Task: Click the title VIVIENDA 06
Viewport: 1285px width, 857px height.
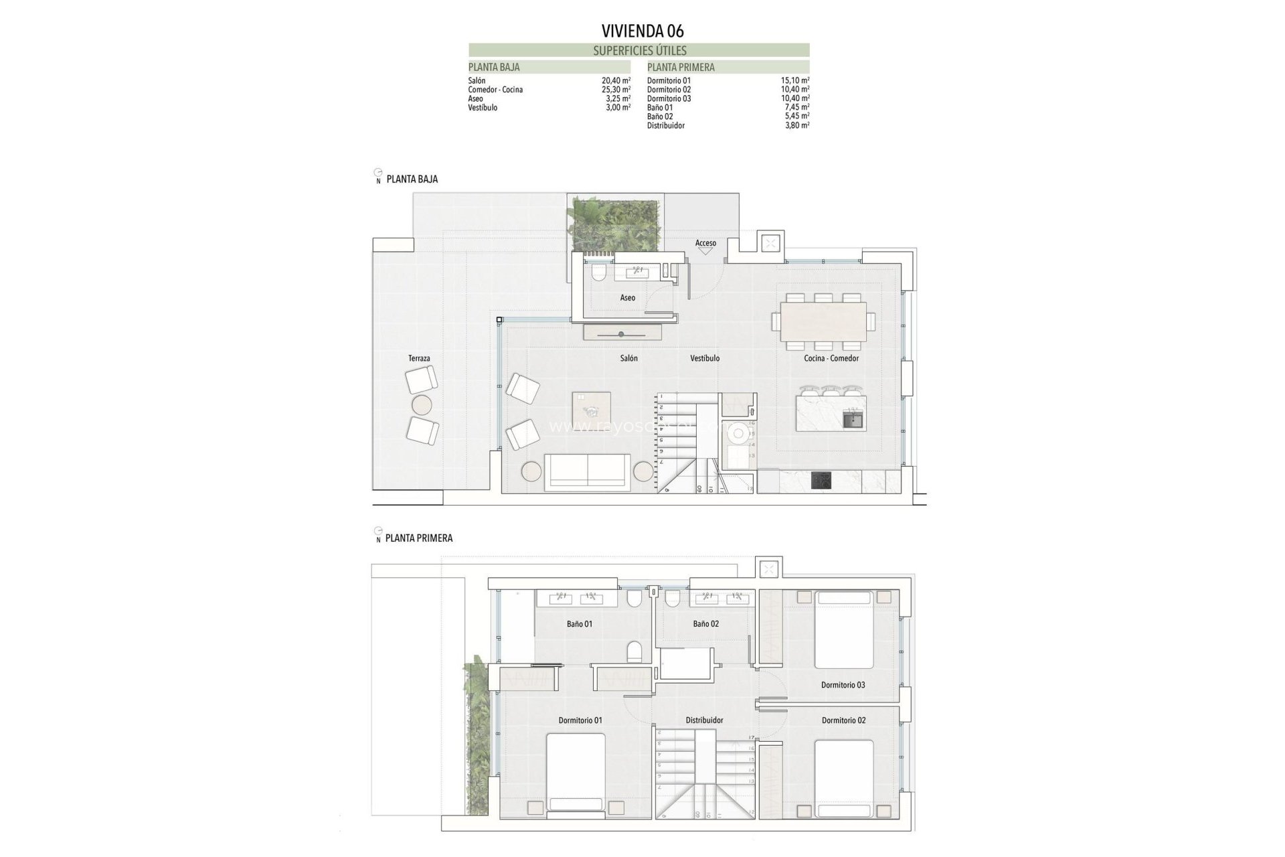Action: tap(642, 31)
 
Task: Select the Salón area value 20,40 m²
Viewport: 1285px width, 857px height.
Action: tap(616, 80)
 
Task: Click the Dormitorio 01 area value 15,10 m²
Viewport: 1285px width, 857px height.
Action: tap(794, 80)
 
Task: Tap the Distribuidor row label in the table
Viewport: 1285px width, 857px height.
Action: tap(665, 125)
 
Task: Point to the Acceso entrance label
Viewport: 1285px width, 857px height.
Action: tap(705, 243)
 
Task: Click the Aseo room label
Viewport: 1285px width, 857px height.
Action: tap(627, 298)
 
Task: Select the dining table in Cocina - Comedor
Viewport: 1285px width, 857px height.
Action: tap(823, 321)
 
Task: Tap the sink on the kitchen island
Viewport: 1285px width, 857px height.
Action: tap(853, 421)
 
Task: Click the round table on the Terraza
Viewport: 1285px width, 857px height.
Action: tap(422, 404)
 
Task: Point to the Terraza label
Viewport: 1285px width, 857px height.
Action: tap(419, 359)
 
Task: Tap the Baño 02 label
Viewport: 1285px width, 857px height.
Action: tap(705, 624)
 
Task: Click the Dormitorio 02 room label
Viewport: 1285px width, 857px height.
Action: tap(843, 720)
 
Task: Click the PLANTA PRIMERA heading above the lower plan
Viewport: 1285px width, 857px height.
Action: tap(419, 538)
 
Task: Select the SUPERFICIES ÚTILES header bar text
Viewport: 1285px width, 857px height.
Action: tap(639, 50)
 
